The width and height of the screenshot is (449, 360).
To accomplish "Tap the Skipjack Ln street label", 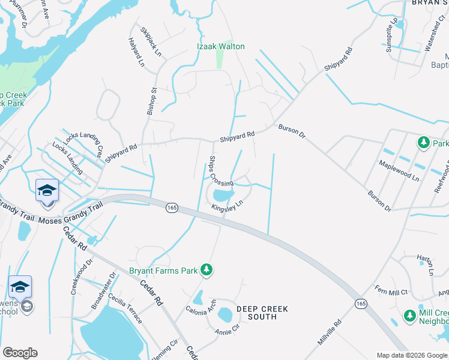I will point(151,42).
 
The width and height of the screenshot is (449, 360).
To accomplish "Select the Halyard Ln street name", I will point(136,52).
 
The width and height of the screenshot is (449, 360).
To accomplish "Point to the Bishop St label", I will point(152,101).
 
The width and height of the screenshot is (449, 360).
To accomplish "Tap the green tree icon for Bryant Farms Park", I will point(206,269).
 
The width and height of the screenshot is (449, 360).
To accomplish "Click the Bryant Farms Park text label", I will point(163,271).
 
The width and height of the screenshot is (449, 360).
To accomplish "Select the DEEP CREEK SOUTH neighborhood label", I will point(262,313).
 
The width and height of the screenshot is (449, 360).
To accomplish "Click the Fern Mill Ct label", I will point(391,292).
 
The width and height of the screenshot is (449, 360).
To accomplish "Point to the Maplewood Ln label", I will point(399,170).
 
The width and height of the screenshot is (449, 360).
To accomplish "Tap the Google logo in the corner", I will point(20,353).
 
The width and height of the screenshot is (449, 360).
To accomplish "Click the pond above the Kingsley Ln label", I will point(223,194).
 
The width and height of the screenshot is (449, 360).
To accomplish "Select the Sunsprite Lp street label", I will point(392,36).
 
